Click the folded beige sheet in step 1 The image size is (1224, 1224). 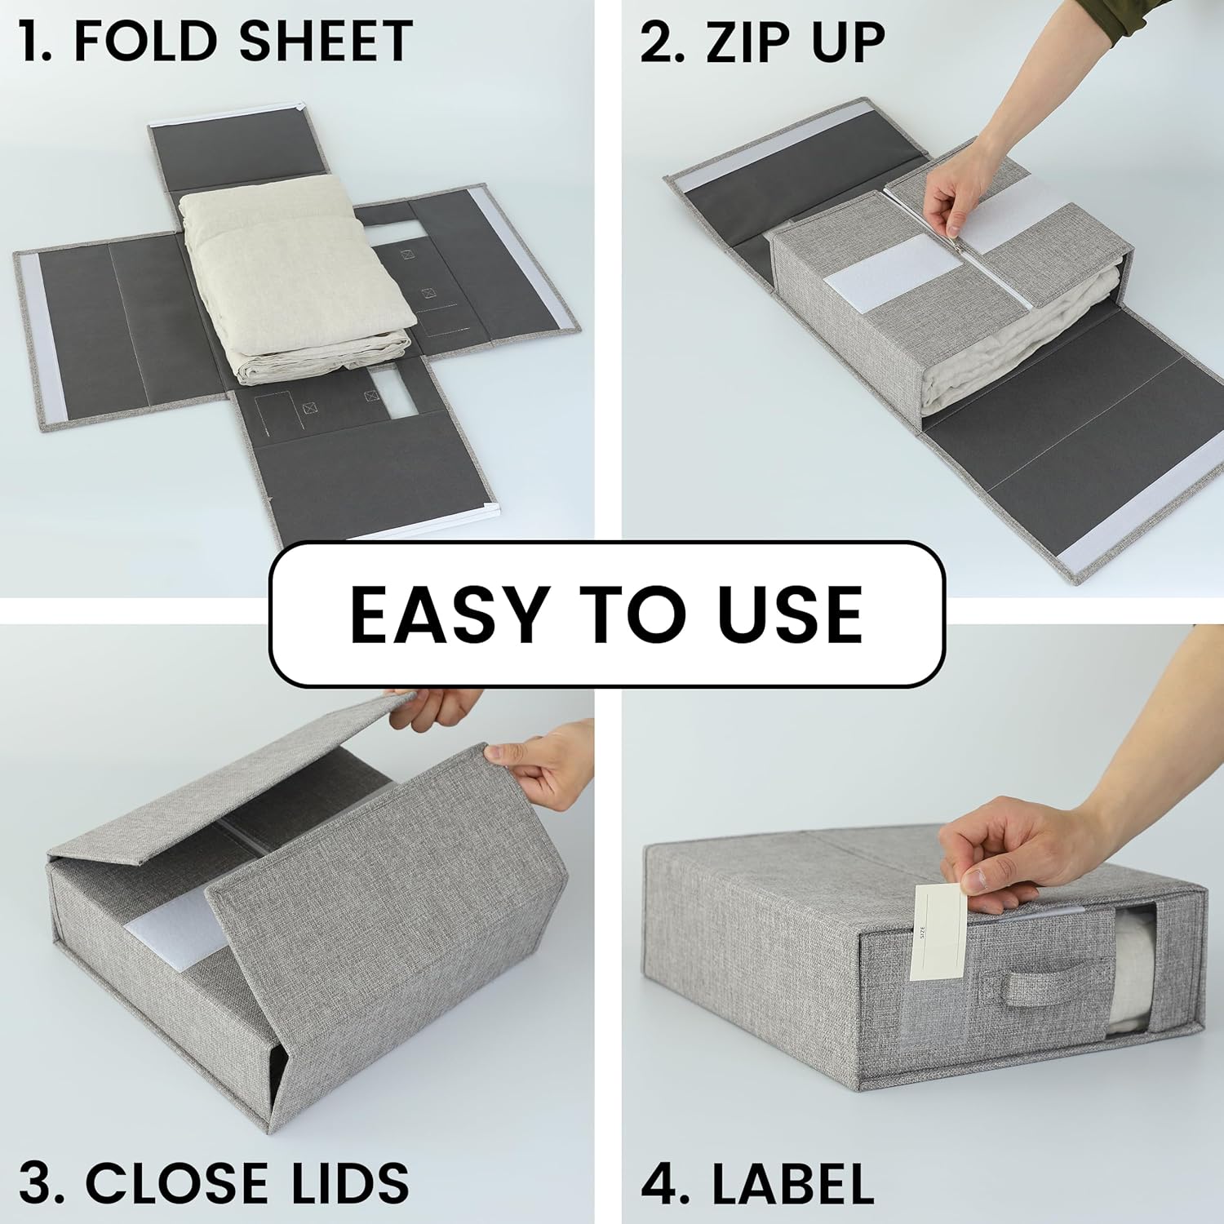pos(298,282)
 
